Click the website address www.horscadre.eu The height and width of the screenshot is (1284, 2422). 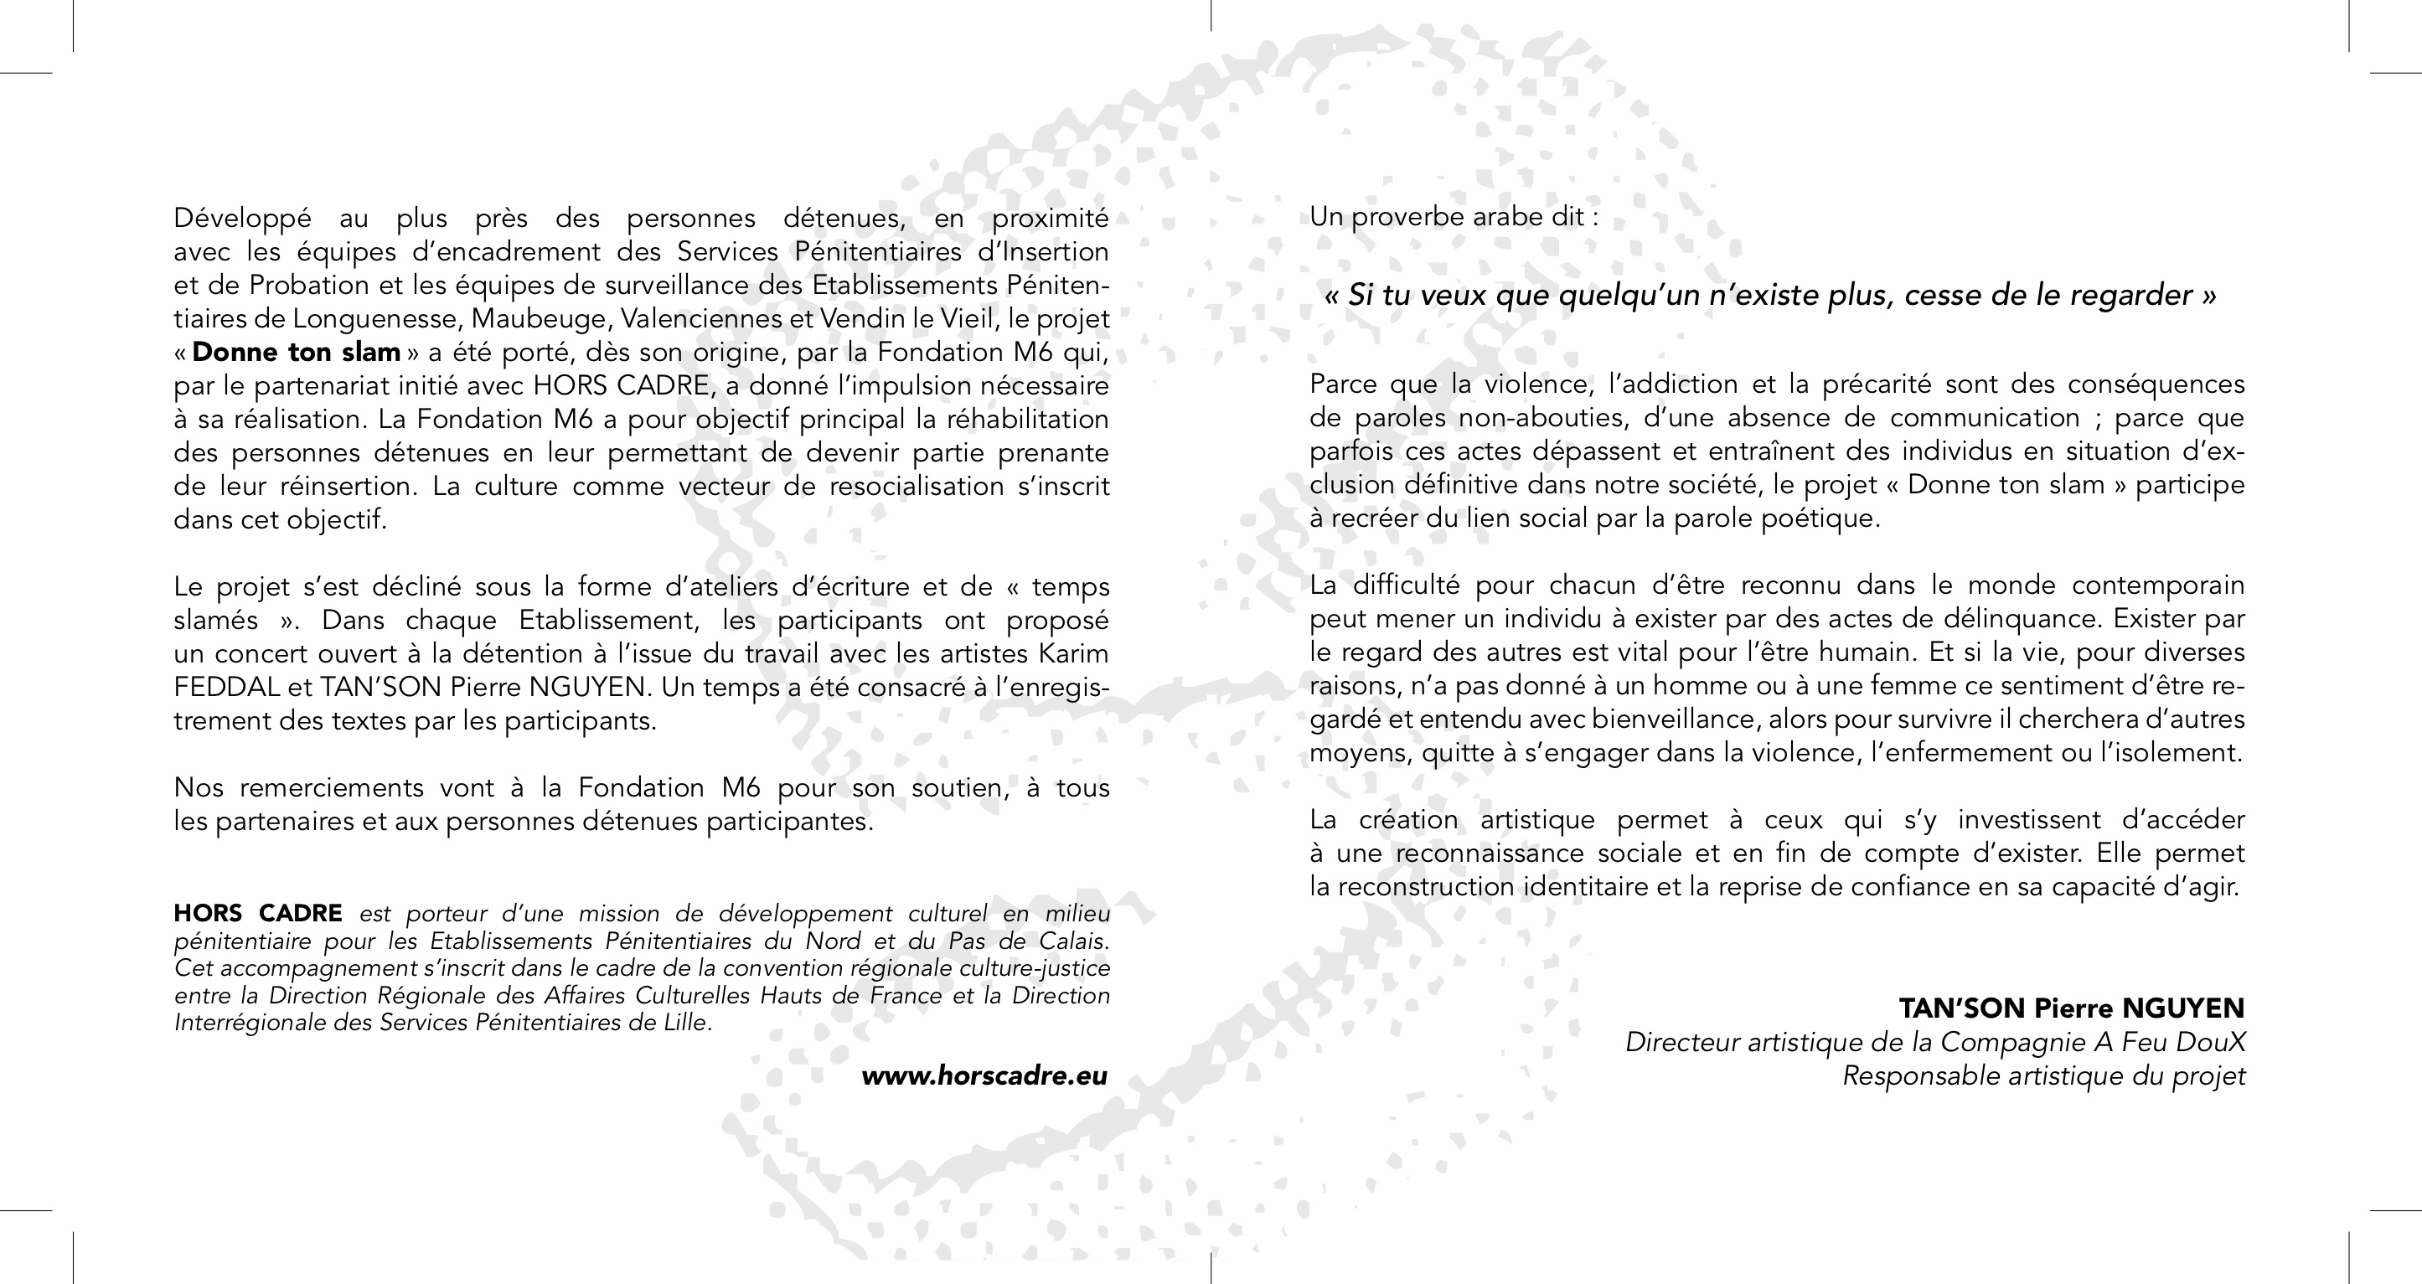pos(984,1076)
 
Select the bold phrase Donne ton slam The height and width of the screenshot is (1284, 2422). pos(297,353)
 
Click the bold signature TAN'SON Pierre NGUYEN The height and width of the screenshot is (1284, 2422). pos(2071,1008)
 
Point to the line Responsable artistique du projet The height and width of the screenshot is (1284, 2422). pos(2043,1075)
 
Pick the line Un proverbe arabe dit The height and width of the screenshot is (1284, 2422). pos(1454,217)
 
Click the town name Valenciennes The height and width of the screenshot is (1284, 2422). pos(702,318)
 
